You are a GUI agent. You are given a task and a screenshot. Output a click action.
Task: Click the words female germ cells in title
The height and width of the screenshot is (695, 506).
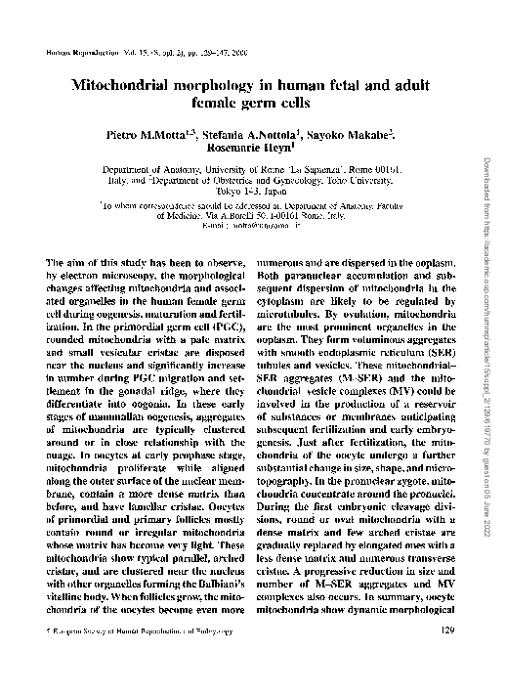tap(253, 102)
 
